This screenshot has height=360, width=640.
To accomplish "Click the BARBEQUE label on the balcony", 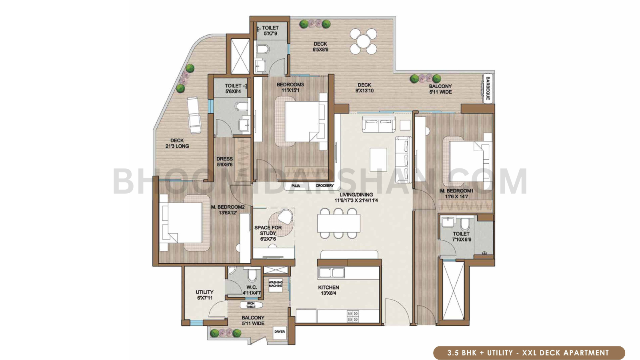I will [x=488, y=88].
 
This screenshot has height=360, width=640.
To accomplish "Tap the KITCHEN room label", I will [x=328, y=290].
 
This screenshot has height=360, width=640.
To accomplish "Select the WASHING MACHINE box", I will [x=275, y=284].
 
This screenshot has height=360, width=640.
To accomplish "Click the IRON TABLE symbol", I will [x=251, y=305].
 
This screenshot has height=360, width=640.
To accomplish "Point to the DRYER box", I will [x=280, y=332].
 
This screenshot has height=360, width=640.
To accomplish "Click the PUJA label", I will [x=296, y=186].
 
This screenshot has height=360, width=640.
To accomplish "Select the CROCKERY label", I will [x=324, y=186].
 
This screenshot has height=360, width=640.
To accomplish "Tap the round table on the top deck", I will [x=364, y=41].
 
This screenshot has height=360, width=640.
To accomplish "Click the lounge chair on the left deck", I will [x=194, y=115].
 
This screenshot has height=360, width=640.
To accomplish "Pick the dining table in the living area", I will [x=338, y=223].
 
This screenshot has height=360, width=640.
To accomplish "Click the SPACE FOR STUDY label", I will [x=268, y=233].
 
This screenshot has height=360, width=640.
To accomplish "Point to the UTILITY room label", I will [x=204, y=295].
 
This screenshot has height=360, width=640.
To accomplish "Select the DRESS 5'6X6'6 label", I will [x=224, y=162].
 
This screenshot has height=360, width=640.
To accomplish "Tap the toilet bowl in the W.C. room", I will [x=252, y=276].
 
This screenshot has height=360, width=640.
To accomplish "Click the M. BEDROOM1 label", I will [x=456, y=194].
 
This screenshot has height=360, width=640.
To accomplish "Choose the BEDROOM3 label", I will [x=290, y=87].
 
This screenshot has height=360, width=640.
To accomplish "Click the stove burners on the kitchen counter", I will [x=352, y=316].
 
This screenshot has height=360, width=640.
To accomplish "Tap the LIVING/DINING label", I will [x=356, y=197].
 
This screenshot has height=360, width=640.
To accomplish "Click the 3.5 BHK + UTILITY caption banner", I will [x=528, y=353].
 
